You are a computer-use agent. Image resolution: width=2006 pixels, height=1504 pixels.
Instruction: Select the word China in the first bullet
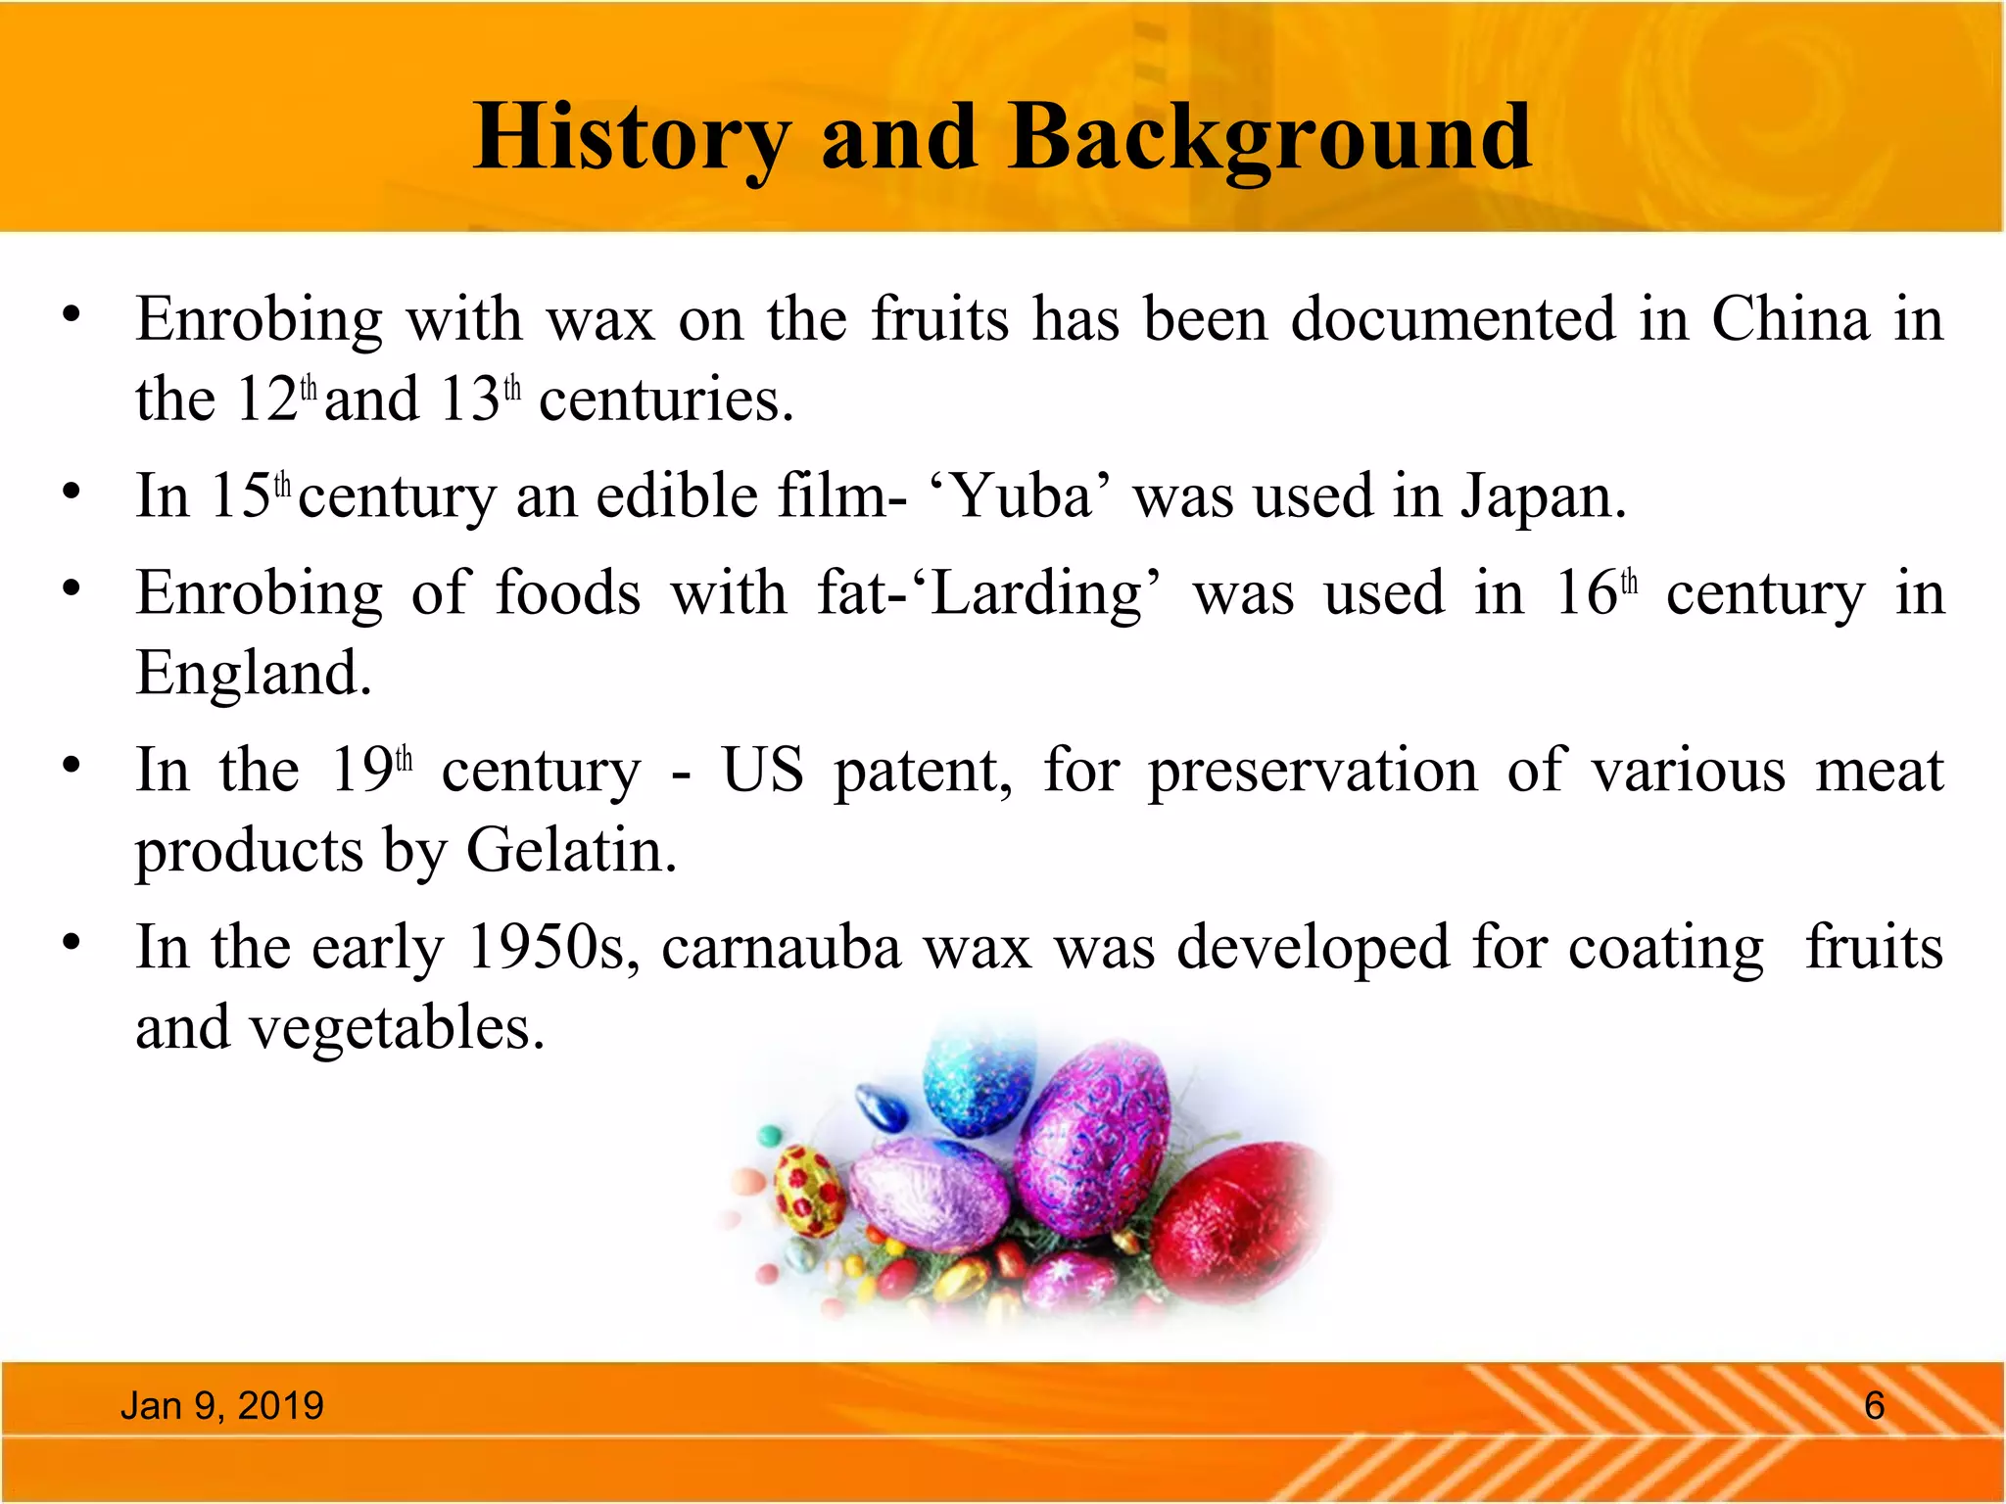(x=1791, y=319)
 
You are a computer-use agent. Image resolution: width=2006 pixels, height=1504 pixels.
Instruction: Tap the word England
(x=253, y=674)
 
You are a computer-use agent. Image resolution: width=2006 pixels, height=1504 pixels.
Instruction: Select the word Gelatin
(x=570, y=850)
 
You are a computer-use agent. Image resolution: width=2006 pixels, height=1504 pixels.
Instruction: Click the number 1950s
(x=552, y=948)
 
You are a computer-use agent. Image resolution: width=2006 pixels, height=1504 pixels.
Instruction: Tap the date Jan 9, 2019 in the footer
(x=221, y=1405)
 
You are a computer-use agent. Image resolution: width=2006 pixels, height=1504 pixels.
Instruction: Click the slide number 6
(x=1874, y=1405)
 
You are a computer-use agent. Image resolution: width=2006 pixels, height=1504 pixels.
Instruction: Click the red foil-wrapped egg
(x=1236, y=1220)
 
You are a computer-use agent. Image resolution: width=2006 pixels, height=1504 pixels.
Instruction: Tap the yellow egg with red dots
(x=808, y=1192)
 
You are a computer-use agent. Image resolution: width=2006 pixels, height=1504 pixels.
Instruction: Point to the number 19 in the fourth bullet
(x=361, y=771)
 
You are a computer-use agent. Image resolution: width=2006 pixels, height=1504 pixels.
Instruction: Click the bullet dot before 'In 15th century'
(x=71, y=491)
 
